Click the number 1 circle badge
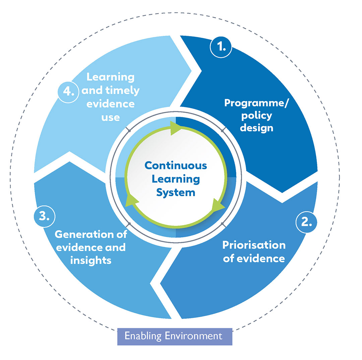(x=221, y=47)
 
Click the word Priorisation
(x=254, y=245)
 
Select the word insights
(x=91, y=260)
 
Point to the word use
(x=111, y=117)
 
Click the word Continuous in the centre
(x=176, y=165)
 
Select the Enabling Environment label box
(x=175, y=336)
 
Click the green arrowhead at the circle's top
(x=176, y=128)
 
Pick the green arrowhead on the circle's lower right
(x=218, y=206)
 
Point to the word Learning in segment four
(x=110, y=77)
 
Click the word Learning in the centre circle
(x=176, y=179)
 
